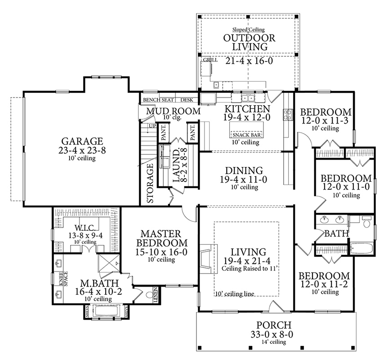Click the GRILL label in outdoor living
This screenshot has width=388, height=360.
coord(210,60)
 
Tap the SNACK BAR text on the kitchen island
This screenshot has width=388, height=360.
coord(247,135)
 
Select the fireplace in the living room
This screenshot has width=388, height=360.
coord(208,259)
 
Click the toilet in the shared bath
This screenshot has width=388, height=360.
coord(367,221)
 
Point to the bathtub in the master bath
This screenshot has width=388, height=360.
coord(106,311)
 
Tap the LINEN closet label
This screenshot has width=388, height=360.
coord(156,295)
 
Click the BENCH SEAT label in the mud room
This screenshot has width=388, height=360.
coord(158,100)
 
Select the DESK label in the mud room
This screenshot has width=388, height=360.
coord(187,100)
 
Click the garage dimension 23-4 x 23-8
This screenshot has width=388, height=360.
coord(82,150)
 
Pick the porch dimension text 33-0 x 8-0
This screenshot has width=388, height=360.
coord(272,334)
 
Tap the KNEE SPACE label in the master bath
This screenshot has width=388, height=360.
coord(63,279)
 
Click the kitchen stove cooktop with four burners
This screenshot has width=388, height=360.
coord(288,115)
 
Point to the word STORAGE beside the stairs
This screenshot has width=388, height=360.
coord(150,183)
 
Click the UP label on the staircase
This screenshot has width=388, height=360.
coord(152,126)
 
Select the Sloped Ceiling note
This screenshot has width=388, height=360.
coord(249,30)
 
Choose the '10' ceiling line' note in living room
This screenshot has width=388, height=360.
coord(235,294)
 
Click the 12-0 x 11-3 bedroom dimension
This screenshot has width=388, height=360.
coord(325,121)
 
